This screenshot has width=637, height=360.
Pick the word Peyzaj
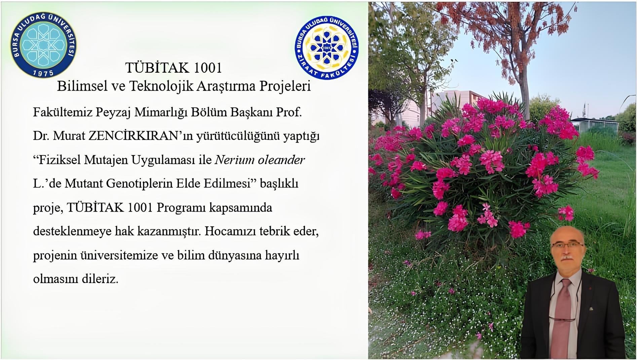click(113, 112)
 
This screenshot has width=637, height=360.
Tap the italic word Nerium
click(234, 160)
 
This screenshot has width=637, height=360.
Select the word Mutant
click(84, 184)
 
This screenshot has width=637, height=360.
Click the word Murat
click(69, 136)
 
